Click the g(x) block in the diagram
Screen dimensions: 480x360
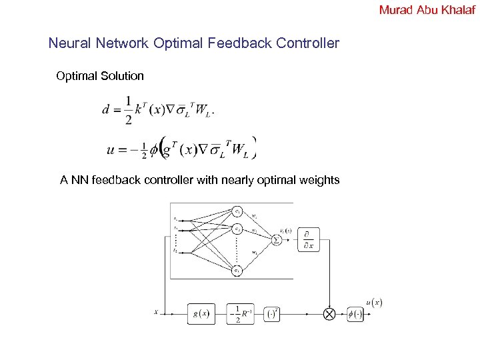(201, 313)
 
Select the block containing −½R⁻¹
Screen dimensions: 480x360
(240, 313)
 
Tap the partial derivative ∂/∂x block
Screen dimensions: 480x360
(309, 239)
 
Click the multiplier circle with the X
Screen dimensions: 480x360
(329, 313)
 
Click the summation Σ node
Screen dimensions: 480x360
(276, 239)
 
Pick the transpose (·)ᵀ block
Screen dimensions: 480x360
(272, 313)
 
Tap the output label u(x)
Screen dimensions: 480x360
(374, 303)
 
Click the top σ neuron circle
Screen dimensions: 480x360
(237, 211)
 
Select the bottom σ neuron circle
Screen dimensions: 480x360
(237, 270)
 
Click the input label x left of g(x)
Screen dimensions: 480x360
(156, 311)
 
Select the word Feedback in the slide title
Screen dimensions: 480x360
(239, 44)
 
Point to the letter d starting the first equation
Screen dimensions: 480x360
(106, 110)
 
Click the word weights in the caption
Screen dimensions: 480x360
(319, 180)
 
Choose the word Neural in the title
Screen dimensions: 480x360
(68, 44)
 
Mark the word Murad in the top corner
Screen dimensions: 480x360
(393, 9)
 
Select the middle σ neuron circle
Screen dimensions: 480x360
(237, 229)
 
